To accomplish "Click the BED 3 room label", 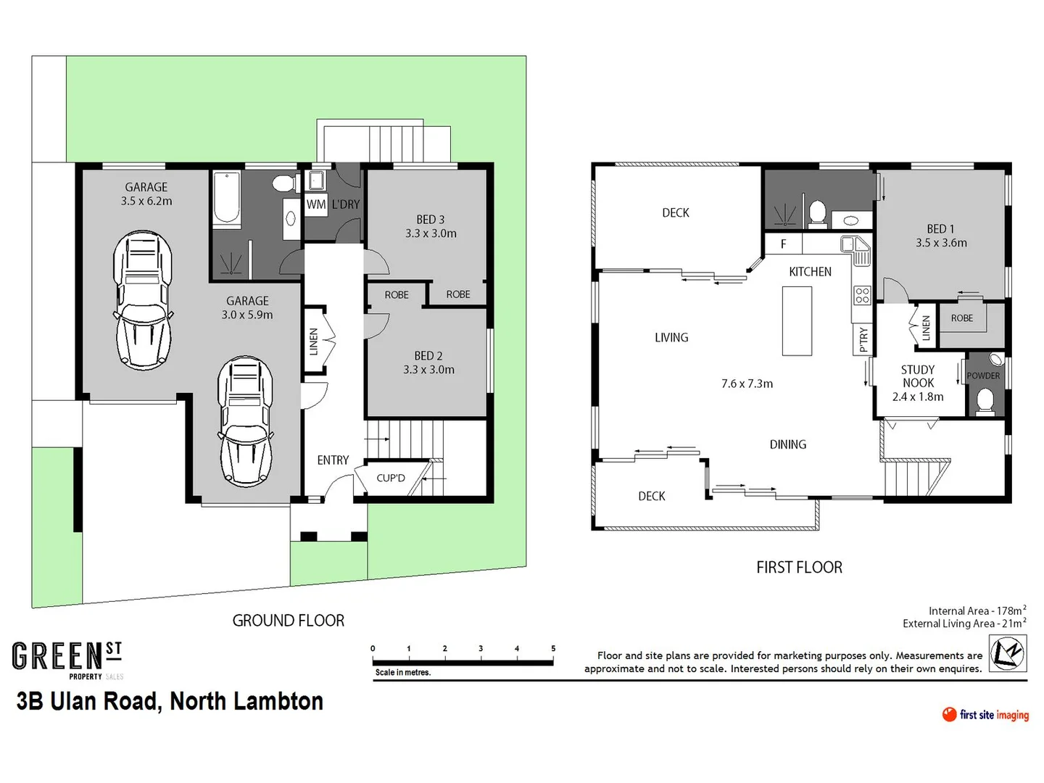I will (431, 220).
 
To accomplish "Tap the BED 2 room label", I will (428, 356).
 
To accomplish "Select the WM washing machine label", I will (315, 204).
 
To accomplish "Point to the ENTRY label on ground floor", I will (333, 460).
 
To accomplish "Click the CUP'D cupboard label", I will (391, 478).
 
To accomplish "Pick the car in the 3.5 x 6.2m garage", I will (143, 300).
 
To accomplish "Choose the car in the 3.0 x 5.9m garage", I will (246, 420).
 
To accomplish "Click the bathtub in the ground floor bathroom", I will (226, 199).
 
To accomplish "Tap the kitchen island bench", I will (797, 320).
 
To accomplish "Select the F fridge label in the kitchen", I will (783, 244).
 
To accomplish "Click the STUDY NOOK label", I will (918, 376).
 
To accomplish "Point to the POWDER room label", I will (983, 376).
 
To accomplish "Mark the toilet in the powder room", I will (985, 401).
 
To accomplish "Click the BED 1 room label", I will (940, 229).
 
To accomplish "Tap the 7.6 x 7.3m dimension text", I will (747, 384).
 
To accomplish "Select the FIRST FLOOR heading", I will (799, 568).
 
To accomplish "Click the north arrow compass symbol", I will (1008, 652).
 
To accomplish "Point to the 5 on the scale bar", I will (553, 649).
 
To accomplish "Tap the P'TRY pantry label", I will (863, 339).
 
